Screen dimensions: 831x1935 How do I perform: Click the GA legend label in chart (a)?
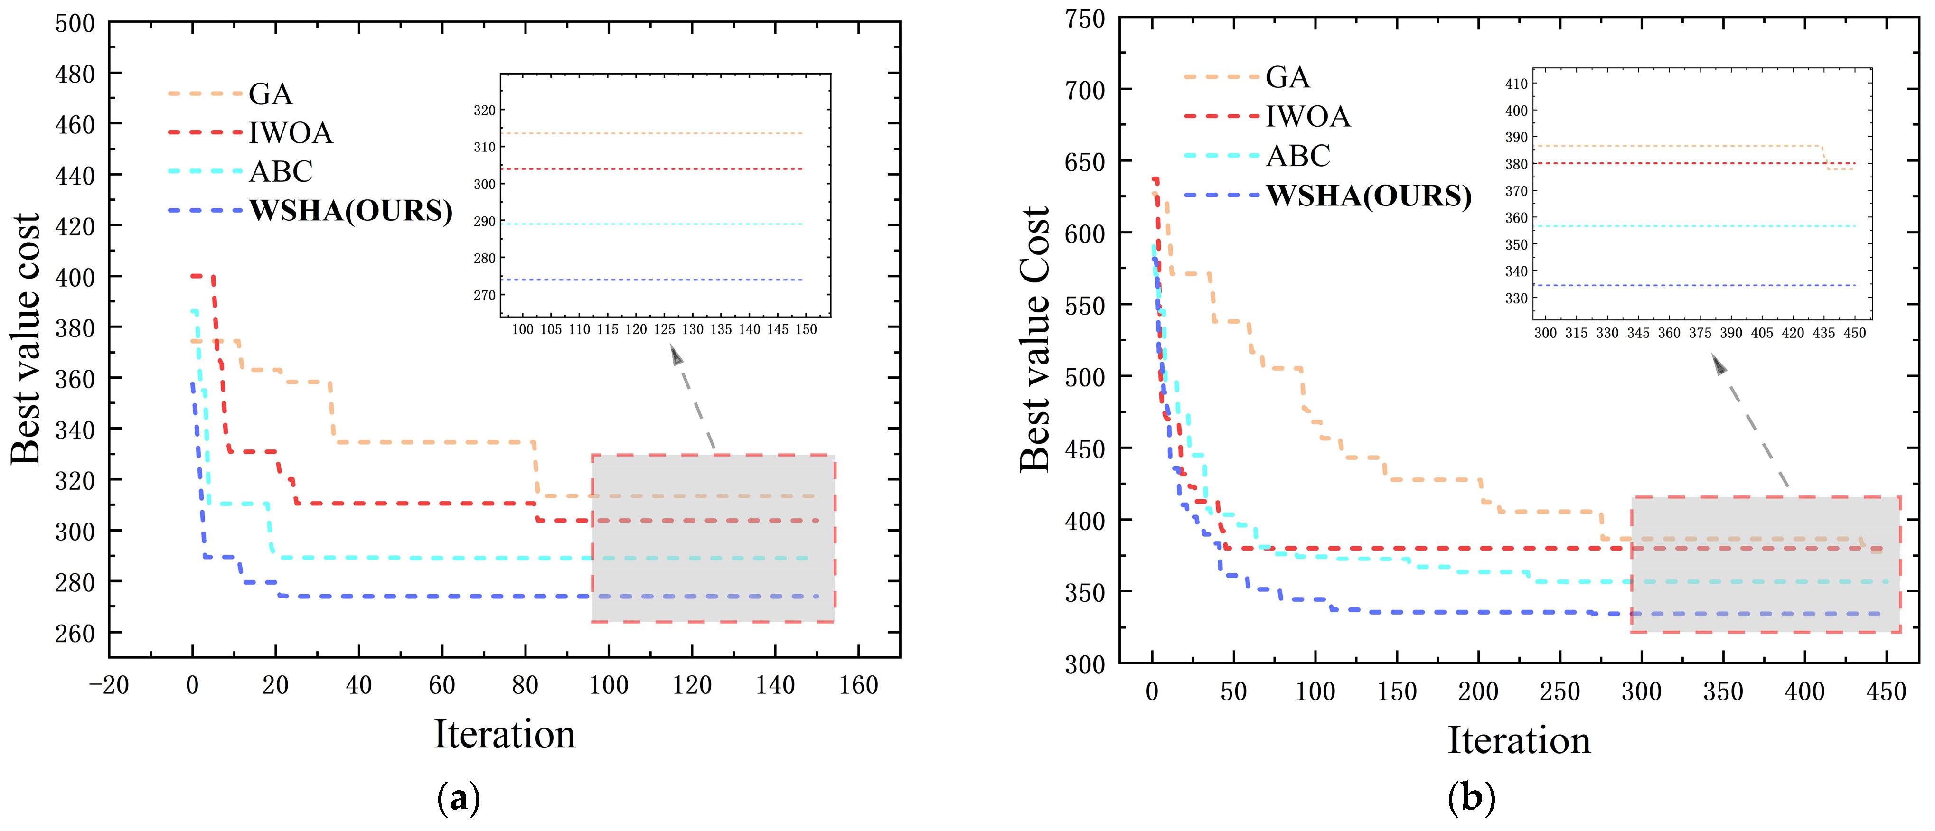tap(271, 94)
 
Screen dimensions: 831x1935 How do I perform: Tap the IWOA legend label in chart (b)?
tap(1308, 116)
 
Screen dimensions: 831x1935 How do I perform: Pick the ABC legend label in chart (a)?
tap(280, 171)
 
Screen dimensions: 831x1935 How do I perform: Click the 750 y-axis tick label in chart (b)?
tap(1085, 19)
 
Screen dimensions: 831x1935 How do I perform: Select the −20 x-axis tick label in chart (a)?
tap(109, 685)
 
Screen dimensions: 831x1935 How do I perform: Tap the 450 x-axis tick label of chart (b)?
tap(1886, 691)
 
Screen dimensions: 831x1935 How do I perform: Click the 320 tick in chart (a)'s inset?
tap(485, 111)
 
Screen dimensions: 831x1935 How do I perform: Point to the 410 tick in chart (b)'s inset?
tap(1516, 84)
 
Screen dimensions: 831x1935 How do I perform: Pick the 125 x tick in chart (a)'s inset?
tap(664, 329)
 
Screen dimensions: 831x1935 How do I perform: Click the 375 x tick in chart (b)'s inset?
tap(1700, 333)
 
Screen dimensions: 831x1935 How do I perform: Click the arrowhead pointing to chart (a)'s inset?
tap(676, 355)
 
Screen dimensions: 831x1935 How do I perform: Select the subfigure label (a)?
tap(458, 798)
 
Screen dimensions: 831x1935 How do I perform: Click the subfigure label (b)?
tap(1471, 798)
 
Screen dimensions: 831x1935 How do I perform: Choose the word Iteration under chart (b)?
tap(1519, 740)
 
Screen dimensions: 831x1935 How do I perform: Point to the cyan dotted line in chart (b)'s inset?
tap(1698, 226)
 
